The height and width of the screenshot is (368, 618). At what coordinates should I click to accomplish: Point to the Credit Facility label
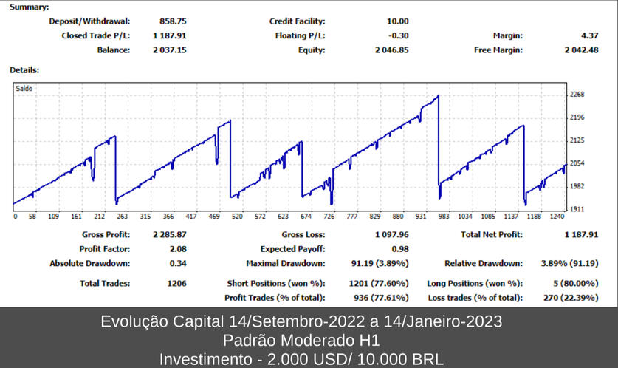click(297, 21)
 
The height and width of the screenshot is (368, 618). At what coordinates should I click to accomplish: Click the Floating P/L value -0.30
click(398, 35)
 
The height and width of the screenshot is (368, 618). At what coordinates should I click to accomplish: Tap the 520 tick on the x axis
click(236, 217)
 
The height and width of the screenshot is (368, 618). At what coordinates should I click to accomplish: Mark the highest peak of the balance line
click(438, 95)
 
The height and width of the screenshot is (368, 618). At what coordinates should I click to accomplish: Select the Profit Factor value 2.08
click(177, 249)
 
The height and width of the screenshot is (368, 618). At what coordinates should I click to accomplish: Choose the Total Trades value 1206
click(176, 283)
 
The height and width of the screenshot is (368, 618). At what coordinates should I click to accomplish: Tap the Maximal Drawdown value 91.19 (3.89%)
click(379, 263)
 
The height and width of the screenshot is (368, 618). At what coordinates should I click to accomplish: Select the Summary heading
click(29, 7)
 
